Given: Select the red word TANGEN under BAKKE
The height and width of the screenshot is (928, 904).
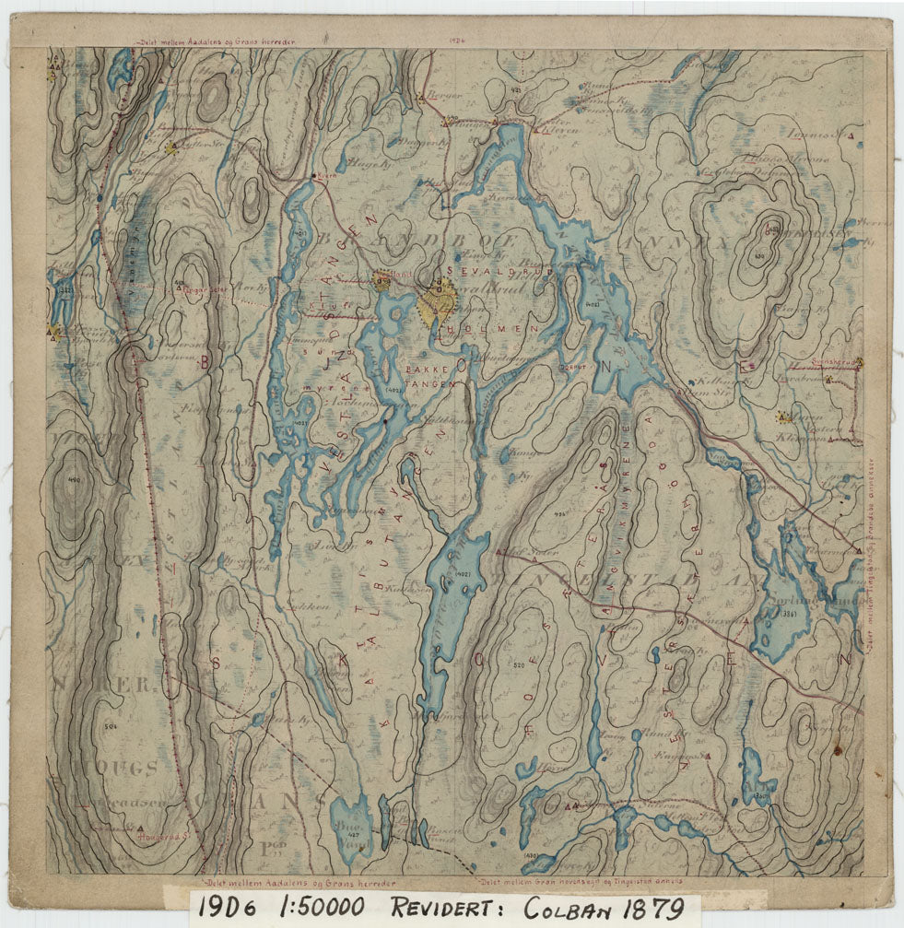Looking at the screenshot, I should point(429,382).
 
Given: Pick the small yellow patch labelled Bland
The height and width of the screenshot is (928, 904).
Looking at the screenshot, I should point(382,282).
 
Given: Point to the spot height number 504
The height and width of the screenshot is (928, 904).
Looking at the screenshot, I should point(112,727).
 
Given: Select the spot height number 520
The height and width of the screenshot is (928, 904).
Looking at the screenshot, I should point(519,665).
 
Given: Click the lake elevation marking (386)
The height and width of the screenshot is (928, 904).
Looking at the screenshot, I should point(787,614).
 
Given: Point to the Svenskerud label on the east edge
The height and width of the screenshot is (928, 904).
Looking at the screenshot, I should point(828,363).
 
